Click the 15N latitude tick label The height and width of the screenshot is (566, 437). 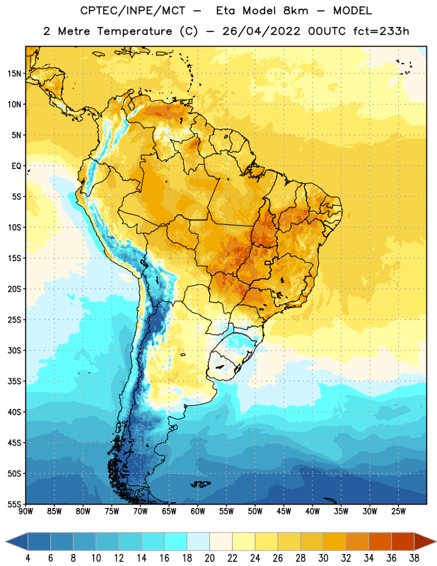pos(14,74)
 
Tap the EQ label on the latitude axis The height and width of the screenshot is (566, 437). pos(16,166)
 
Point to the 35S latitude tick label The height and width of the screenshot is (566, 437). pos(14,381)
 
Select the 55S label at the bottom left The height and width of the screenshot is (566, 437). pos(14,504)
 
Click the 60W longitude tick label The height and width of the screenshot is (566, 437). pos(198,512)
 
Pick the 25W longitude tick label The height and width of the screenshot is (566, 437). pos(398,512)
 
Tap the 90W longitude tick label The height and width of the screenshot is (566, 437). pos(26,512)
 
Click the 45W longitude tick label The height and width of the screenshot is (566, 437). pos(284,512)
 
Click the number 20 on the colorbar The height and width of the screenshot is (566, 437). pos(209,558)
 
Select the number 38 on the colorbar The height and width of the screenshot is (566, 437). pos(414,558)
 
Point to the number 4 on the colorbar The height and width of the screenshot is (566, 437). pos(28,558)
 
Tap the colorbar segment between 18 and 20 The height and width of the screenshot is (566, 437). pos(199,541)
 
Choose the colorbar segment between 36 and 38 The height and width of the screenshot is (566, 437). pos(403,541)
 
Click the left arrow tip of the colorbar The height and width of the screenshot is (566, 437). pos(6,541)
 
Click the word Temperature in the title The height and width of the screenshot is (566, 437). pos(134,31)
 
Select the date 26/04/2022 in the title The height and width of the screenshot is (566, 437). pos(261,31)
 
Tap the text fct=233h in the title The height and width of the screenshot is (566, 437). pos(381,31)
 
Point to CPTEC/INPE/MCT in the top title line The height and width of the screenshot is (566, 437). pos(132,11)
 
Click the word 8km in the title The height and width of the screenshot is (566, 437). pos(296,11)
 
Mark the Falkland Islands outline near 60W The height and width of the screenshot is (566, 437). pos(200,484)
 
